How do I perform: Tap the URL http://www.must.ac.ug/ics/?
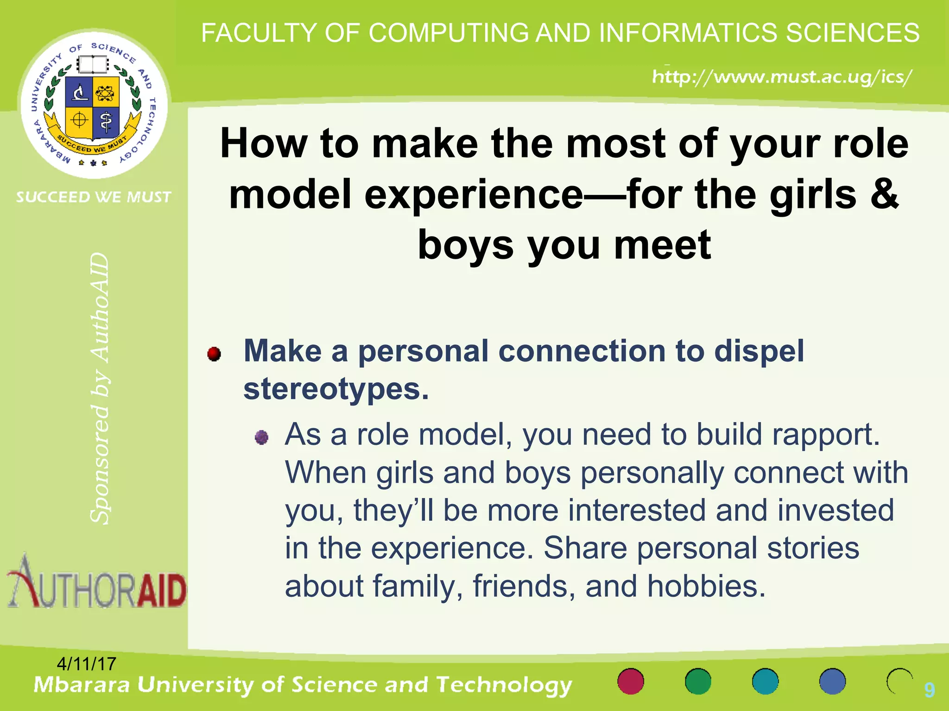pos(782,76)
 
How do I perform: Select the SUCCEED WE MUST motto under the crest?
pos(94,197)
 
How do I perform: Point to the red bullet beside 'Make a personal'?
pos(214,354)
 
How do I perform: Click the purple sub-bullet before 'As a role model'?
pos(262,437)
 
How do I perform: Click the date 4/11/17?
pos(86,664)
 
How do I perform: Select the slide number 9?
pos(929,690)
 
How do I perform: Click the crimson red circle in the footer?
pos(631,681)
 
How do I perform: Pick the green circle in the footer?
pos(698,681)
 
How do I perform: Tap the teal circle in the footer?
pos(765,681)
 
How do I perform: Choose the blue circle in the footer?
pos(832,681)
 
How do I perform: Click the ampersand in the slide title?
pos(884,193)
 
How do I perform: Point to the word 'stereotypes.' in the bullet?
pos(336,389)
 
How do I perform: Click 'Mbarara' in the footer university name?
pos(82,685)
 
